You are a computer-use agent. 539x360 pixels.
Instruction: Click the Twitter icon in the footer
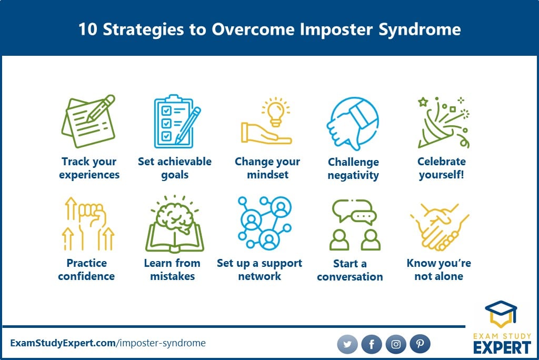pos(347,344)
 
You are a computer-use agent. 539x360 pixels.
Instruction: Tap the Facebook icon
pos(372,344)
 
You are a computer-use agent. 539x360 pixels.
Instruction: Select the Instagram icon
pos(396,344)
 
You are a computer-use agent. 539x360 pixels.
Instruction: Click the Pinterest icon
pos(420,344)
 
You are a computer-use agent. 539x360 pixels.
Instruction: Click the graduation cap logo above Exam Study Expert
pos(501,314)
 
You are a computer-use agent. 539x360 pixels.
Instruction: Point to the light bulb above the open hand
pos(276,112)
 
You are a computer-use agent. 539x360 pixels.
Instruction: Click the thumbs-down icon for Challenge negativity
pos(353,124)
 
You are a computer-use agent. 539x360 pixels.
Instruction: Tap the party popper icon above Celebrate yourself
pos(443,123)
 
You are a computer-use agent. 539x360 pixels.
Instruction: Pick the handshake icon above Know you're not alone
pos(440,227)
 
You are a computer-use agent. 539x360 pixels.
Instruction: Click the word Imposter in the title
pos(336,29)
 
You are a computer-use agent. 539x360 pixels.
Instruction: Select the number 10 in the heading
pos(88,29)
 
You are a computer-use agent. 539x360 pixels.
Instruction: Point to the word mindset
pos(268,175)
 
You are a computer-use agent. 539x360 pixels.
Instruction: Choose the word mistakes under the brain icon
pos(173,276)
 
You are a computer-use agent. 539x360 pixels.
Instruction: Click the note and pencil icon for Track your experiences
pos(88,121)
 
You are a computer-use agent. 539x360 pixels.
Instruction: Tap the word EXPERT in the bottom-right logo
pos(502,347)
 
